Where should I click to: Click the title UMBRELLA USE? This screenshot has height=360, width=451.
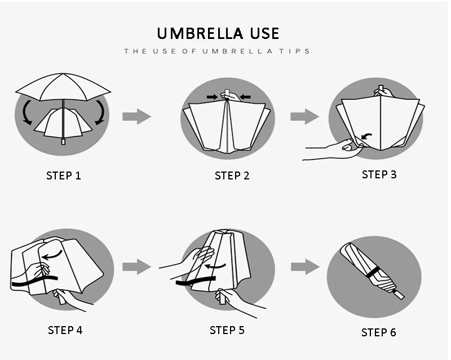click(x=218, y=33)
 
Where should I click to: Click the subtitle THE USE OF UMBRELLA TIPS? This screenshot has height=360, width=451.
click(x=217, y=51)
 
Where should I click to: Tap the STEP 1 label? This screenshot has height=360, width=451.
click(x=63, y=175)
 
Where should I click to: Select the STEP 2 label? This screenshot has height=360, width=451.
click(x=232, y=175)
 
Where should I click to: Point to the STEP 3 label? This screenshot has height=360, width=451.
click(x=379, y=174)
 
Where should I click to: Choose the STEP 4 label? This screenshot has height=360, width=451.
click(x=65, y=330)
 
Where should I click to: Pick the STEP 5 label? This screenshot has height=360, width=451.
click(x=227, y=330)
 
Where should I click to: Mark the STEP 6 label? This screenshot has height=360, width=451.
click(x=379, y=332)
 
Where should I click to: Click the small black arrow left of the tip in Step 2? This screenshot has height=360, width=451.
click(x=213, y=97)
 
